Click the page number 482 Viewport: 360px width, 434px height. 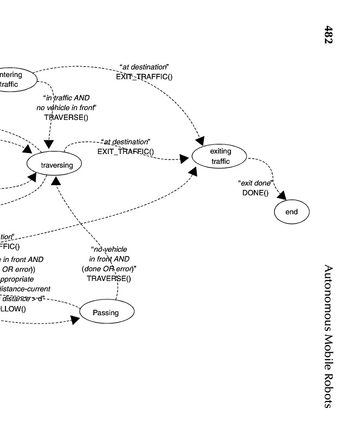point(329,34)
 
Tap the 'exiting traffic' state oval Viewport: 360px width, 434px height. point(220,156)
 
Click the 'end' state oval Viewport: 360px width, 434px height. point(291,212)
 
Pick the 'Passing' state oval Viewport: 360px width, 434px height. point(106,313)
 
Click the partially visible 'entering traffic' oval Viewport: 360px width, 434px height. point(14,80)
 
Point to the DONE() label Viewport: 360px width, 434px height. point(255,193)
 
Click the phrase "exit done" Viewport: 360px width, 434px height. point(255,183)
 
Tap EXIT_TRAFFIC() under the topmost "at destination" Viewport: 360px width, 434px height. point(144,76)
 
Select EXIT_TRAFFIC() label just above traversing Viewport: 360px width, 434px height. point(125,151)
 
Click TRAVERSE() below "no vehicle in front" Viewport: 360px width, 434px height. point(66,117)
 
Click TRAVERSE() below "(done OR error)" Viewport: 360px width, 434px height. point(108,278)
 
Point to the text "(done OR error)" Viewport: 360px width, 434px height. point(108,269)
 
